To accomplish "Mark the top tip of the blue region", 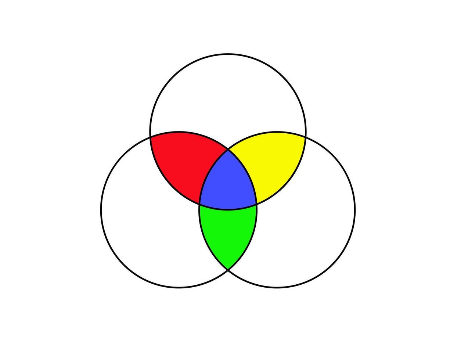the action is coord(228,150).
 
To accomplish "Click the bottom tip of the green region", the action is coord(228,270).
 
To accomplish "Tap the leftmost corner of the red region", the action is coord(150,137).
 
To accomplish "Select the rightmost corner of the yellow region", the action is coord(305,137).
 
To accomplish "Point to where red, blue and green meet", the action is coord(199,204).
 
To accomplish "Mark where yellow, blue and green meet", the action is coord(256,204).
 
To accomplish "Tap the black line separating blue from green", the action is coord(228,209).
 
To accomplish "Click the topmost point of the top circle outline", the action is coord(228,54).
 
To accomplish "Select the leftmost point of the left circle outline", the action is coord(101,210).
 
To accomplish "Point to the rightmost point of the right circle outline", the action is coord(354,210).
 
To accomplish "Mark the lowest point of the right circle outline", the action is coord(277,287).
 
